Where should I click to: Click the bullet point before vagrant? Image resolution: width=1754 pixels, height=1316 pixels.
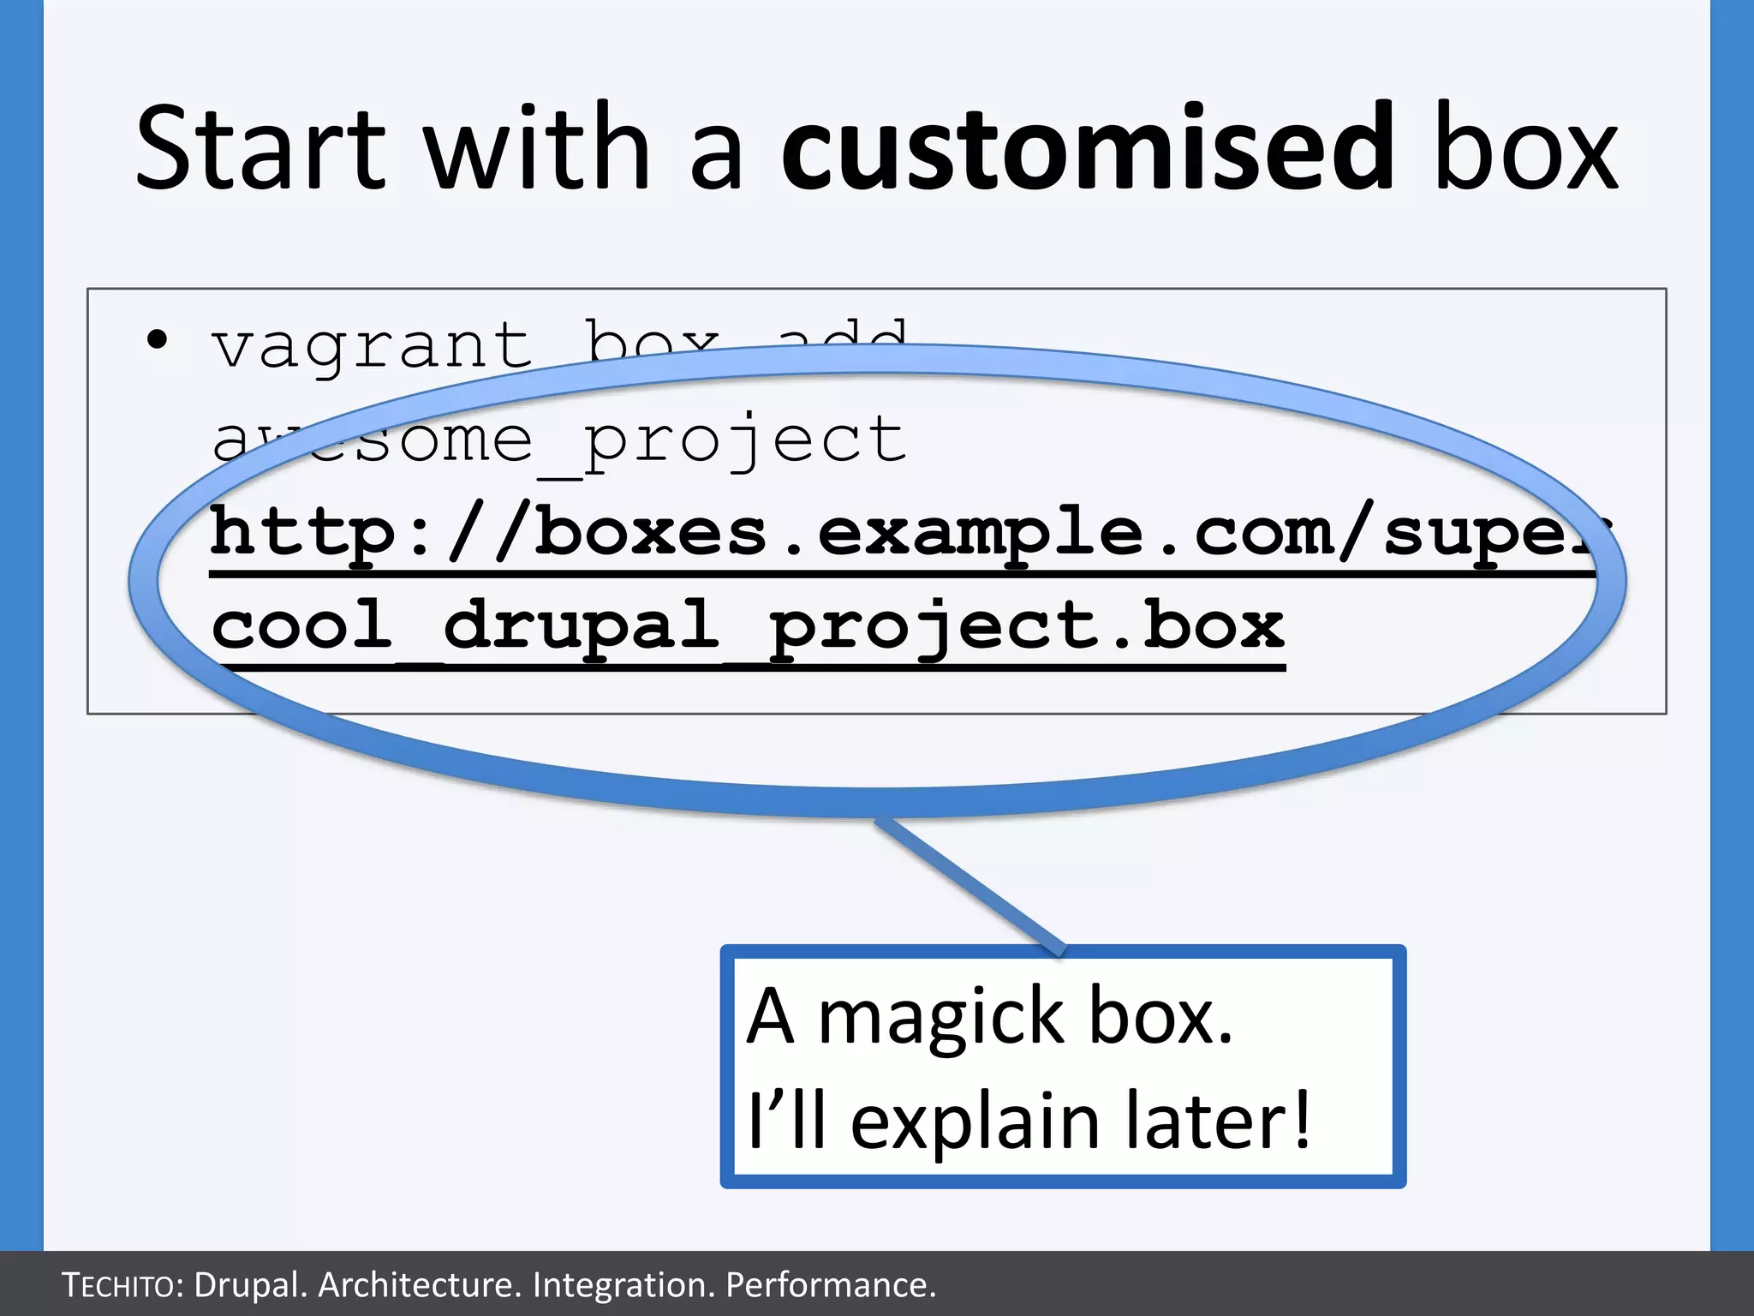tap(157, 340)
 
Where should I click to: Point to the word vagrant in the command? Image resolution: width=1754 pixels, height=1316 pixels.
tap(372, 347)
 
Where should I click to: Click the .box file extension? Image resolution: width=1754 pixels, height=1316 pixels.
tap(1195, 625)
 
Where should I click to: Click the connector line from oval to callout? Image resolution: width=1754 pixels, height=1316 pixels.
tap(968, 882)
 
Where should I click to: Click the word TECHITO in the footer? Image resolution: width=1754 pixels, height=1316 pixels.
tap(120, 1285)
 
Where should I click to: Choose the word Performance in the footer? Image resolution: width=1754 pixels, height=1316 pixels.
tap(830, 1285)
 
